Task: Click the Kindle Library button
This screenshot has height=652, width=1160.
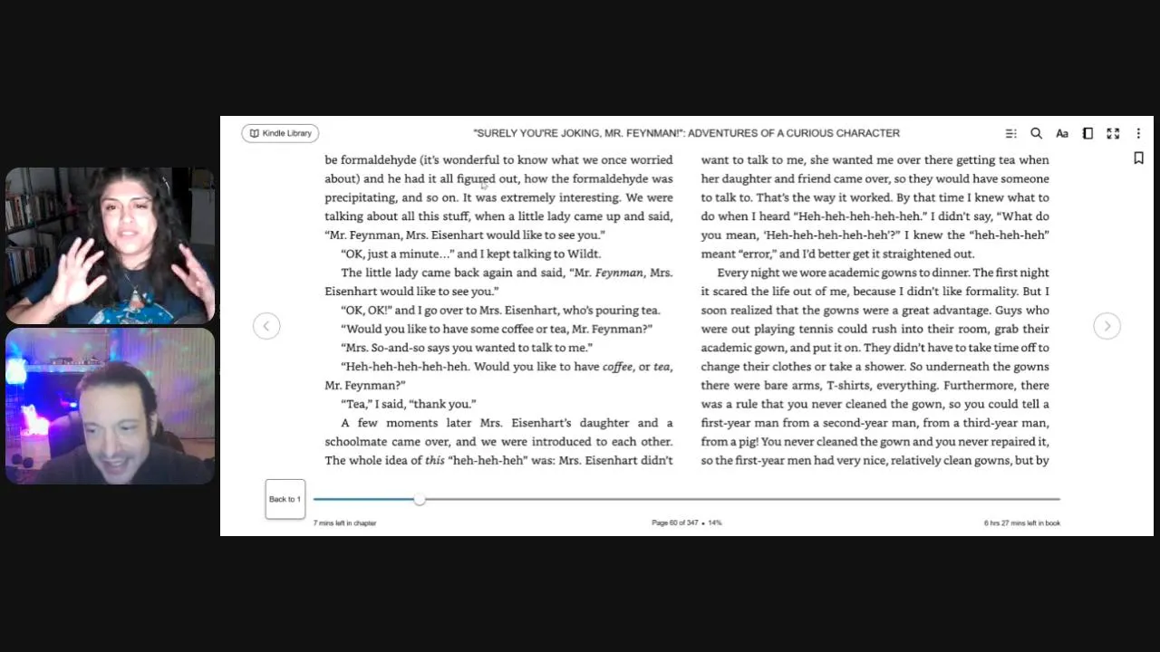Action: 280,133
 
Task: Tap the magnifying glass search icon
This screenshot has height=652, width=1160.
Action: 1036,133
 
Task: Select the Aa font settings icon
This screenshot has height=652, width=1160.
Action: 1062,133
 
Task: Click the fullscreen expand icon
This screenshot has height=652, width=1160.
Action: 1113,133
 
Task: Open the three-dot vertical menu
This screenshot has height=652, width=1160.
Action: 1138,133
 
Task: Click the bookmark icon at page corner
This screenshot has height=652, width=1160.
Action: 1138,158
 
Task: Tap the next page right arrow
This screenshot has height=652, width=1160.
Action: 1107,326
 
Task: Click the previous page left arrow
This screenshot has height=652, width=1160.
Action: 266,326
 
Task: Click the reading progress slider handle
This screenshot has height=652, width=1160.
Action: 420,499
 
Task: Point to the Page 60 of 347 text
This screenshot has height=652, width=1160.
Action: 675,523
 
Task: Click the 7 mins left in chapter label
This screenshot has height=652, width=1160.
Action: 344,523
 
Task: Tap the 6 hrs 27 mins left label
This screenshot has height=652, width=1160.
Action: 1021,523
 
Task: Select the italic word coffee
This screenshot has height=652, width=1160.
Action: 617,367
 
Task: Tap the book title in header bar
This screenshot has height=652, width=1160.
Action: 686,133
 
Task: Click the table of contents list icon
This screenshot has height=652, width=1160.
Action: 1010,133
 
